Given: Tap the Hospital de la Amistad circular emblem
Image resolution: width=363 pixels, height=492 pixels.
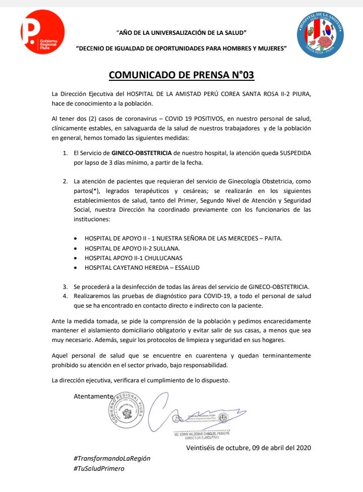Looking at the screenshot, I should pyautogui.click(x=320, y=33).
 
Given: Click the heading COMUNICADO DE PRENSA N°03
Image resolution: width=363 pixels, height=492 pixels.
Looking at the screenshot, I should pyautogui.click(x=181, y=76).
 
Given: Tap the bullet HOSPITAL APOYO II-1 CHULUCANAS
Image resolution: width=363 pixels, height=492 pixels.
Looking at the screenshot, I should pyautogui.click(x=133, y=258).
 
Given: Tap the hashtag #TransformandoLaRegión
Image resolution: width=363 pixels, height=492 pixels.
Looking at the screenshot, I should pyautogui.click(x=112, y=458).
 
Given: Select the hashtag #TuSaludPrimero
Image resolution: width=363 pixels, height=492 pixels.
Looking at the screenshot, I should pyautogui.click(x=99, y=468).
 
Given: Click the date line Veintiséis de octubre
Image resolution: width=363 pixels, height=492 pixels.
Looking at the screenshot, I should pyautogui.click(x=249, y=448).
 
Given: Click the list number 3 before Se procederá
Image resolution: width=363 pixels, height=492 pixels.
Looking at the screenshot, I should pyautogui.click(x=65, y=286).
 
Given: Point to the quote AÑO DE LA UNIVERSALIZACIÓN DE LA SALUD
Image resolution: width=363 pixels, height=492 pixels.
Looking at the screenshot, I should pyautogui.click(x=181, y=33).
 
